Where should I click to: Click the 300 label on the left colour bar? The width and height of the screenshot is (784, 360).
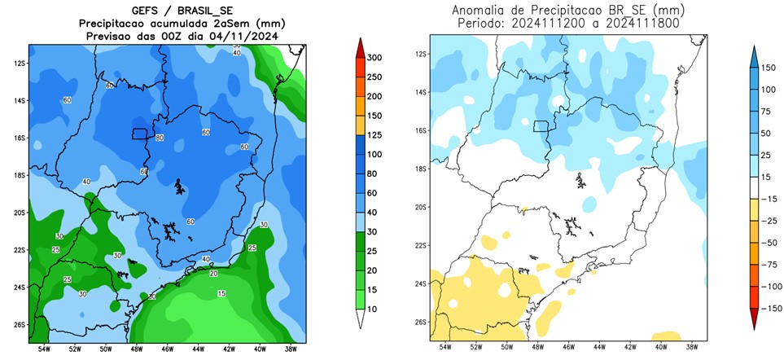[374, 58]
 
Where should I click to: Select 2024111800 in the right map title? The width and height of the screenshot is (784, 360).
[625, 24]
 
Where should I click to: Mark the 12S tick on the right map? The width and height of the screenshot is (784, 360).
[421, 54]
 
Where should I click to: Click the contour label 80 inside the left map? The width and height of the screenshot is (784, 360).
[160, 138]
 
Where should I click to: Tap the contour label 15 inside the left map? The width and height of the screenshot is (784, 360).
[221, 293]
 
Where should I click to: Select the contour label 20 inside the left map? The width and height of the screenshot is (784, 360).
[213, 273]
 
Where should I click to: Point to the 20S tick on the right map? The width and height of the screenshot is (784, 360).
[421, 207]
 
